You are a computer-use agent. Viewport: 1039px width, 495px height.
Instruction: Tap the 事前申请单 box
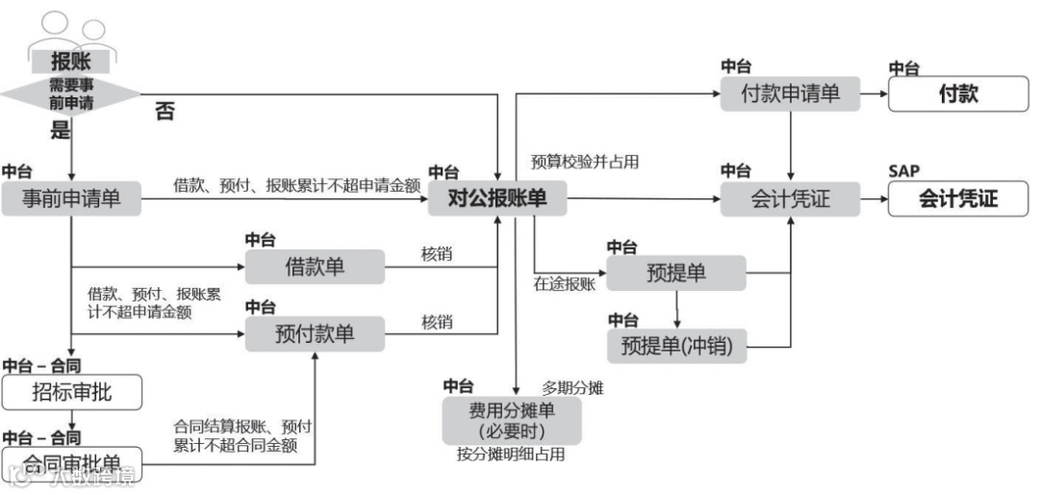pyautogui.click(x=72, y=200)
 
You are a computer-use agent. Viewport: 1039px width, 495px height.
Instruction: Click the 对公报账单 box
pyautogui.click(x=497, y=199)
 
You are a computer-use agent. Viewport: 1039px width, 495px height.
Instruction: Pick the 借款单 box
pyautogui.click(x=314, y=266)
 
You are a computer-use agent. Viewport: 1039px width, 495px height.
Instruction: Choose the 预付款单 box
pyautogui.click(x=314, y=334)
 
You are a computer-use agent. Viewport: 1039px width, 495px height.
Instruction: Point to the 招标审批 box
pyautogui.click(x=71, y=392)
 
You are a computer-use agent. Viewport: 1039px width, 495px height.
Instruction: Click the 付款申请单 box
pyautogui.click(x=791, y=94)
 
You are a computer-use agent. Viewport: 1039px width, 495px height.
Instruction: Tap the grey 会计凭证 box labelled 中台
pyautogui.click(x=790, y=199)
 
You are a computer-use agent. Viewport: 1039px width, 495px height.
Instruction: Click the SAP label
pyautogui.click(x=903, y=171)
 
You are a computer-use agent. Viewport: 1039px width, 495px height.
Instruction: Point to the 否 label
pyautogui.click(x=165, y=112)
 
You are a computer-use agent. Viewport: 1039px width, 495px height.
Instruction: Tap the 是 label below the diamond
pyautogui.click(x=61, y=129)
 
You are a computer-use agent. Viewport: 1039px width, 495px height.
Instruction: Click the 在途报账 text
pyautogui.click(x=565, y=284)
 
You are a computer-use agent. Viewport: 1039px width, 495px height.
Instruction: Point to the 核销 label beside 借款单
pyautogui.click(x=437, y=254)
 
